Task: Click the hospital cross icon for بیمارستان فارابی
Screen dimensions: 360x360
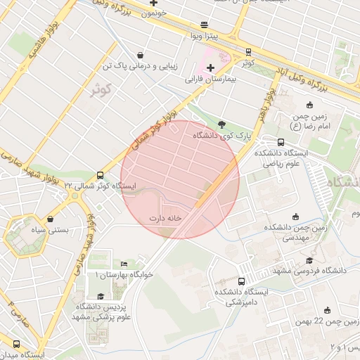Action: click(210, 67)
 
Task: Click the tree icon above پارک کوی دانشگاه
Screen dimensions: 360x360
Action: click(222, 123)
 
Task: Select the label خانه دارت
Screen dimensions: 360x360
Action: click(166, 218)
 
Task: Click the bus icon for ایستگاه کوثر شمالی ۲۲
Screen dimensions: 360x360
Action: click(100, 175)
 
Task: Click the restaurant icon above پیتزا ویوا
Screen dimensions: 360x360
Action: click(204, 23)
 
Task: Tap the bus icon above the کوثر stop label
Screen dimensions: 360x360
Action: click(247, 51)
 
